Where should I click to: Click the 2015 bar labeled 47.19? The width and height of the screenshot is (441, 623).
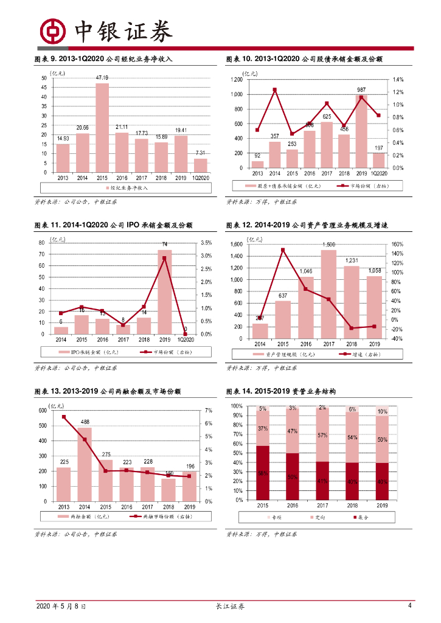pos(102,128)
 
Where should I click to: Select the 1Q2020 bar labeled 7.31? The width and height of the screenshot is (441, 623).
pos(201,165)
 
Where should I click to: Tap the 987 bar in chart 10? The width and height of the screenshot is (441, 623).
pos(361,131)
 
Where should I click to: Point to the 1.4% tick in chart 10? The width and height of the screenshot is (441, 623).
pos(398,80)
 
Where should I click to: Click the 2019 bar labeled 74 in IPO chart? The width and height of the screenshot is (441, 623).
pos(165,292)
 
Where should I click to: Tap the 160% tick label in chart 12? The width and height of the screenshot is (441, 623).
pos(397,244)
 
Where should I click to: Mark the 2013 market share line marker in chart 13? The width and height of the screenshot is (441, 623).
pos(63,417)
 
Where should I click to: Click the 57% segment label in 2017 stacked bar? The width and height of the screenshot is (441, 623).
pos(322,436)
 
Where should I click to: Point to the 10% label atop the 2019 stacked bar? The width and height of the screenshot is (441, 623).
pos(382,412)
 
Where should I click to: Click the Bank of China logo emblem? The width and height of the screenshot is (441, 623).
pos(53,30)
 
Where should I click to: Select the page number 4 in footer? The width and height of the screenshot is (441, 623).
pos(410,606)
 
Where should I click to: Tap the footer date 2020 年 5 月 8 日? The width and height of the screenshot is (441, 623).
pos(61,607)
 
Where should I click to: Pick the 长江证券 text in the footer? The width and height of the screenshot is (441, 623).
pos(231,607)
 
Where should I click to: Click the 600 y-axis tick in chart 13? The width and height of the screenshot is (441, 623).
pos(43,411)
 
